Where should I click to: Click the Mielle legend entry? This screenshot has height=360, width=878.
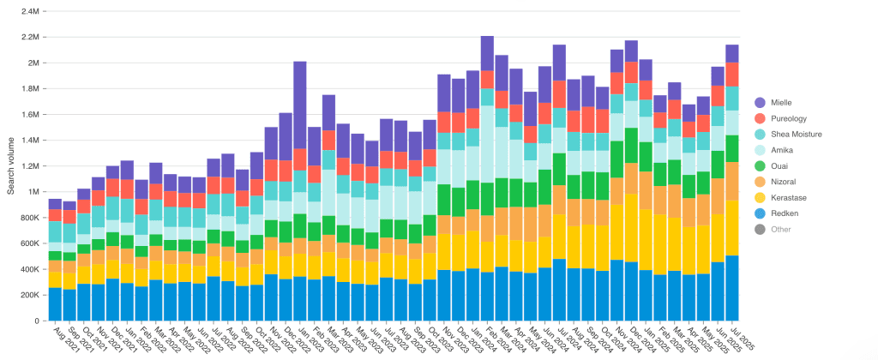click(780, 102)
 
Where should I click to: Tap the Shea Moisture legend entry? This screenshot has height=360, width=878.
click(796, 134)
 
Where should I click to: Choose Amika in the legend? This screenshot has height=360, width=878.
click(781, 150)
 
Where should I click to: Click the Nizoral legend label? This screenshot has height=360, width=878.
click(783, 182)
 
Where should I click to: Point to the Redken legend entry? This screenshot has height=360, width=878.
click(784, 213)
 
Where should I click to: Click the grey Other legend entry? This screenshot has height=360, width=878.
click(780, 229)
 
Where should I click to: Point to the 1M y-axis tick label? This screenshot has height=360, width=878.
click(33, 192)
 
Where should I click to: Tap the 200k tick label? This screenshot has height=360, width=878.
click(28, 295)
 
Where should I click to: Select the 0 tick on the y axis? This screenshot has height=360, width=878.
click(36, 321)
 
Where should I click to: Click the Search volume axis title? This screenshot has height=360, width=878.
click(10, 166)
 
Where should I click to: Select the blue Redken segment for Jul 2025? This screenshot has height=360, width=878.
click(732, 287)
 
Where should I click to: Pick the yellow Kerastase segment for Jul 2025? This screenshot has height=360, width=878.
click(732, 227)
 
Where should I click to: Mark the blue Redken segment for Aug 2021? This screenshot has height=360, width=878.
click(55, 303)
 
